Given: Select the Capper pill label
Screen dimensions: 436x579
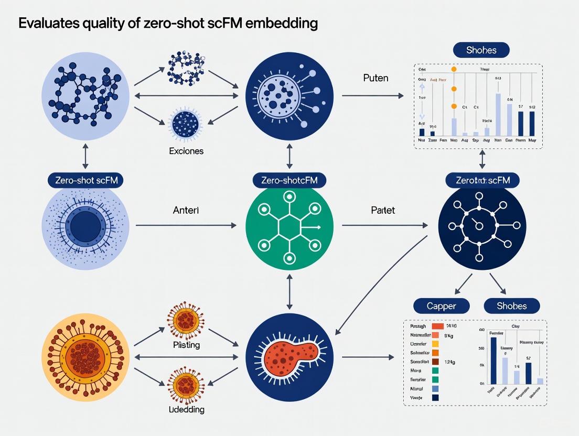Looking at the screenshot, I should coord(434,306).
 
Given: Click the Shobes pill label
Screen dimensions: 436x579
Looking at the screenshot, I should coord(511,306).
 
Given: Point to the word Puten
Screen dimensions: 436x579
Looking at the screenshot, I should coord(376,78).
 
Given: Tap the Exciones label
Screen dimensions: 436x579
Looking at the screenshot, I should coord(186,150).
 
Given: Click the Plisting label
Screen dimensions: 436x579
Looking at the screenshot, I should coord(186,345).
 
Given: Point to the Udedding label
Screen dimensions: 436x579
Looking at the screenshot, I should coord(186,409).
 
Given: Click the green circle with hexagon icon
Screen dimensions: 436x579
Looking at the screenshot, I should coord(289,227).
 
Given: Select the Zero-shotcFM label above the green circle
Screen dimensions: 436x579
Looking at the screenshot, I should coord(289,180).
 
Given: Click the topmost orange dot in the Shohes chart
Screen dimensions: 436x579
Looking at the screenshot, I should coord(454,69).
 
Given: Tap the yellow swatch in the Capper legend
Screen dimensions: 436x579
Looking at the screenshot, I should coord(435,344).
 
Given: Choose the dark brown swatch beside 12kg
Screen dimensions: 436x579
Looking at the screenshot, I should coord(435,362).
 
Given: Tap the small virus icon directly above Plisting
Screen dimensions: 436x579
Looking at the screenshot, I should coord(185,320).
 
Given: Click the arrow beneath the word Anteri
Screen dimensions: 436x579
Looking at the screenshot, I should coord(186,226).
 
